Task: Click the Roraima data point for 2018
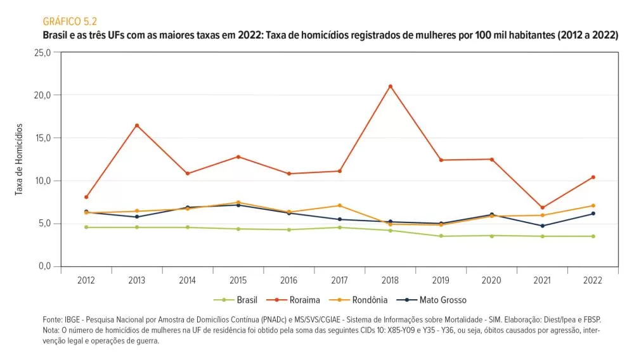click(391, 86)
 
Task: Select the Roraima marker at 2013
click(137, 125)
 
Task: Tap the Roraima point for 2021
click(543, 207)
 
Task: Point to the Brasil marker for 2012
click(86, 227)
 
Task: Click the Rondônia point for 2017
click(340, 205)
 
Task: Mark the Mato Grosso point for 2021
click(543, 226)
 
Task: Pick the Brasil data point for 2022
click(593, 236)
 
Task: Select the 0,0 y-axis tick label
click(44, 266)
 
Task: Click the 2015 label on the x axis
click(238, 280)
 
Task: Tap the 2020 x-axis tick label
click(492, 280)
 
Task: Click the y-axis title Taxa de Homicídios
click(20, 159)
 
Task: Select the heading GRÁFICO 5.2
click(69, 22)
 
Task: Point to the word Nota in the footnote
click(52, 330)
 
